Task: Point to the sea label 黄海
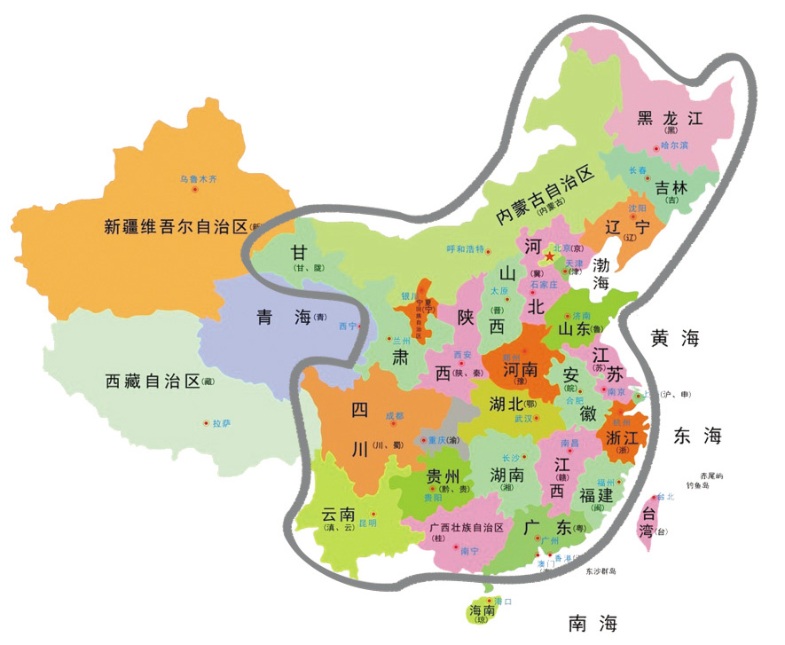(675, 338)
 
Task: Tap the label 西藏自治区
(153, 382)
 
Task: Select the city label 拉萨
(221, 423)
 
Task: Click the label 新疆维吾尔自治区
(177, 226)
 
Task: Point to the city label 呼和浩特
(465, 248)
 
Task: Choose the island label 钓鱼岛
(711, 487)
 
